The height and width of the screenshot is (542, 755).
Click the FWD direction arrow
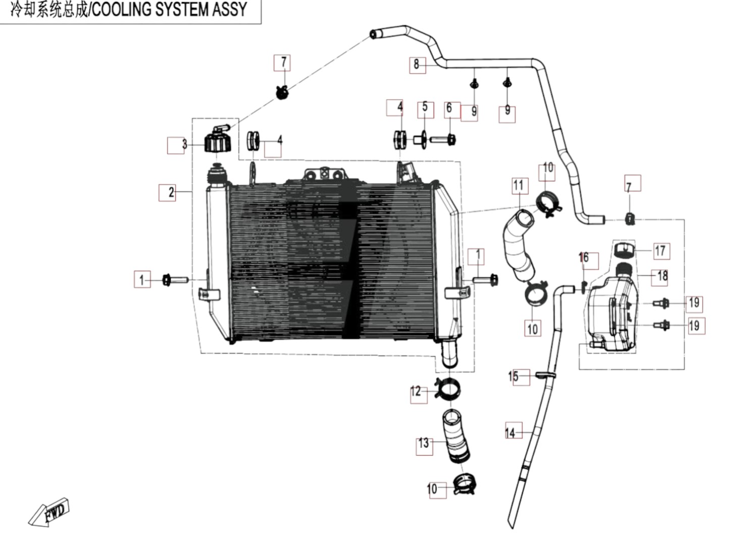point(49,512)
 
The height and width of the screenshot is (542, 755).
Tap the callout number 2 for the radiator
point(171,192)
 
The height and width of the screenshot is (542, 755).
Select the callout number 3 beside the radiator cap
point(184,144)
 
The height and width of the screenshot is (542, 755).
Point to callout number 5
point(425,107)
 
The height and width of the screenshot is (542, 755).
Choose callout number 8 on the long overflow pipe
point(417,64)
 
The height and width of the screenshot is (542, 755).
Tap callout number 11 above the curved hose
point(518,186)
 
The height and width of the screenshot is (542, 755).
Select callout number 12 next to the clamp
point(416,391)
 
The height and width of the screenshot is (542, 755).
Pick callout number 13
point(424,443)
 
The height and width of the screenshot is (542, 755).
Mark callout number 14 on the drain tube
point(510,432)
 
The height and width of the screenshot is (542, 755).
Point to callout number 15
point(513,376)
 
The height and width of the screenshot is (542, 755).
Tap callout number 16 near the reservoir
point(584,258)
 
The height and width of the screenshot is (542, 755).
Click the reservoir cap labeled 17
point(624,250)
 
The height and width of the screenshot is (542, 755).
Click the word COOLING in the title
point(121,10)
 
